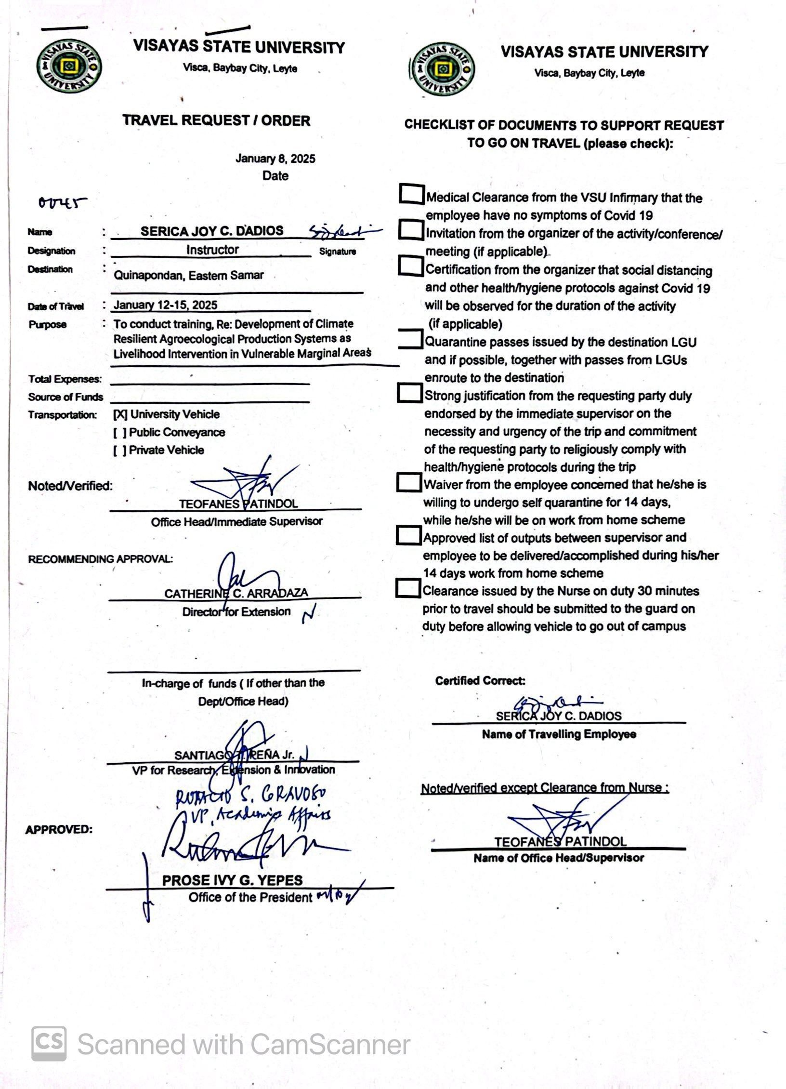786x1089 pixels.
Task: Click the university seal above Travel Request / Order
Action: [69, 66]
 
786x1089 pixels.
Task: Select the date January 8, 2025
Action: [275, 159]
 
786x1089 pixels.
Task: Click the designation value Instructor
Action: [212, 250]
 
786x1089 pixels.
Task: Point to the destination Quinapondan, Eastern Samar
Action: [189, 275]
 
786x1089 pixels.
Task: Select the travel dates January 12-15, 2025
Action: [165, 305]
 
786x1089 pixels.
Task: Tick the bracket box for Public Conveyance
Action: [120, 432]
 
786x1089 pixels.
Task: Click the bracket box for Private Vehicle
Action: [120, 450]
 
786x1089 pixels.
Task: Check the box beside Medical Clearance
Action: [412, 194]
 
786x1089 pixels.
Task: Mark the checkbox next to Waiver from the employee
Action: [408, 482]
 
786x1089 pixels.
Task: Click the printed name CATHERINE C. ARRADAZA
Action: [236, 593]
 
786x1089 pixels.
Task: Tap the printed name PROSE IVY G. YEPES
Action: [232, 880]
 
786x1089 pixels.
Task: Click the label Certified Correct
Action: [480, 681]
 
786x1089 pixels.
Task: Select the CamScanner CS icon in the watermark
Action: [49, 1044]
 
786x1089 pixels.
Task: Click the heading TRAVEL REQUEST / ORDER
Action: [216, 120]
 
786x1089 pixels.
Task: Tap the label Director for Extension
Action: [236, 611]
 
